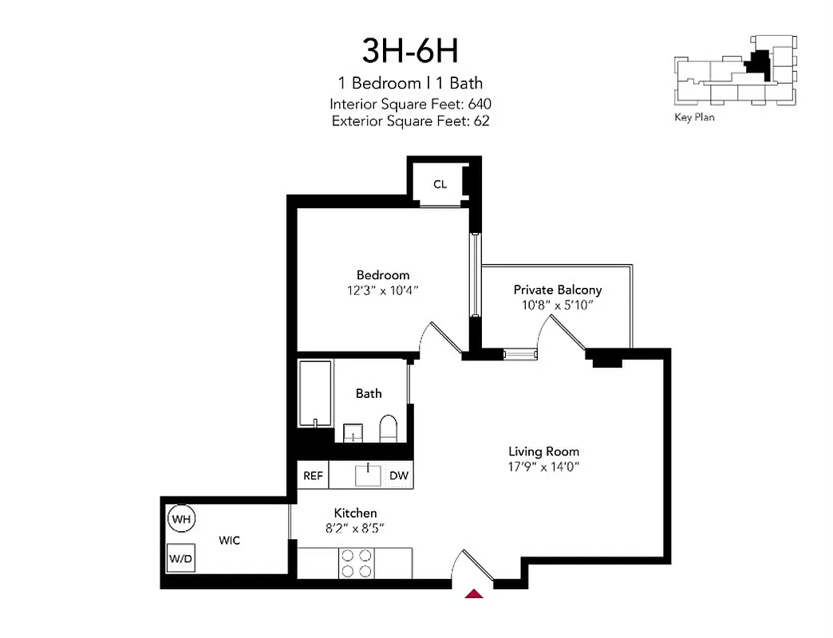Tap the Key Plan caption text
[694, 117]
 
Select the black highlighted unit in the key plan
[759, 65]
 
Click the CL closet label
[440, 184]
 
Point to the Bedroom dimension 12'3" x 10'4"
[377, 291]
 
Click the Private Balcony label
[557, 289]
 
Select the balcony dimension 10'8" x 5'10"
[557, 305]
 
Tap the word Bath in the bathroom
[369, 393]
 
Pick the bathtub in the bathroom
[315, 395]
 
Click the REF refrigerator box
[313, 476]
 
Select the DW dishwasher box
[399, 476]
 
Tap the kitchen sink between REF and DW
[369, 475]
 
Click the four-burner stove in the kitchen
[357, 563]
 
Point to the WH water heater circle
[181, 520]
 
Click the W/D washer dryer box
[180, 558]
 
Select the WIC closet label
[230, 540]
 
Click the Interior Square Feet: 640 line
[410, 104]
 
